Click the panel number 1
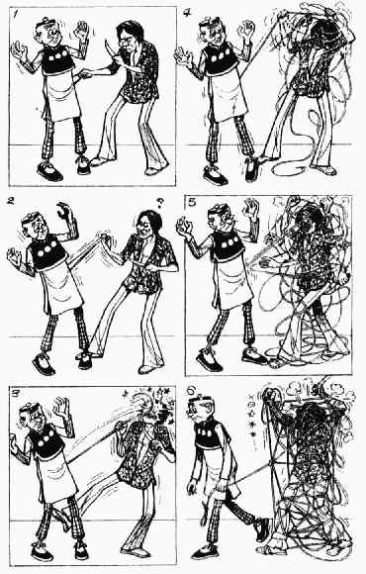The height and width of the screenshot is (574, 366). tap(15, 14)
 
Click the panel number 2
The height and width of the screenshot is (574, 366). tap(11, 201)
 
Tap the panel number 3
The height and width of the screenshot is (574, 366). tap(16, 394)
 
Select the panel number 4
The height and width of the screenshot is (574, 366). tap(187, 13)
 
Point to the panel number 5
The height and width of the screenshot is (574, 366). tap(193, 203)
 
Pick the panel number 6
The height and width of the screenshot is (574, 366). tap(191, 391)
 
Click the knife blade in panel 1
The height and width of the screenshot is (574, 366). tap(108, 48)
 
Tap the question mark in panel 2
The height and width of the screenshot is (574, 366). tap(160, 203)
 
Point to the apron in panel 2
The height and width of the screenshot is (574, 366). tap(62, 286)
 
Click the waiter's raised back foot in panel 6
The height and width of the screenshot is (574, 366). tap(262, 528)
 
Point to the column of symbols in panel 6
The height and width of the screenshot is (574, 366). tap(251, 416)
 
